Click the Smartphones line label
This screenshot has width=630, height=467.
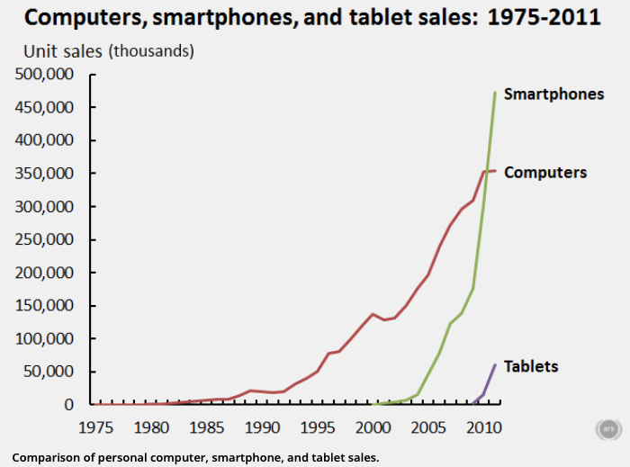tap(553, 94)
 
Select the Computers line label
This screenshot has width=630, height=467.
tap(545, 172)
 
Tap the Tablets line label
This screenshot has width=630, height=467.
tap(531, 366)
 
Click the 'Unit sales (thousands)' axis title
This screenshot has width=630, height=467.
tap(108, 51)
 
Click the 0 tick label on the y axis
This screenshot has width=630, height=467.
tap(67, 404)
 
